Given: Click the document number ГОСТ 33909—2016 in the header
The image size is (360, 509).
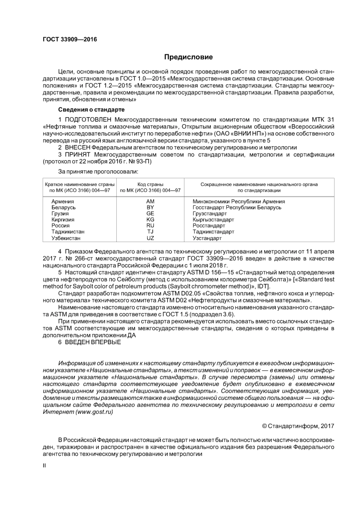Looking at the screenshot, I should pos(70,39).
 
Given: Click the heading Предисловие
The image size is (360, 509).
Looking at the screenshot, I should pos(188,57).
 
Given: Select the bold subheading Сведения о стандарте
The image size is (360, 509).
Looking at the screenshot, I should pos(91,109).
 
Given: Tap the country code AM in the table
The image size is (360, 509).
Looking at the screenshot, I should pos(150,201).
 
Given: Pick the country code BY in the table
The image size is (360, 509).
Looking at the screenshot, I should pos(150,208).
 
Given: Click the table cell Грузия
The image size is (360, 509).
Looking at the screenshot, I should pos(60,214).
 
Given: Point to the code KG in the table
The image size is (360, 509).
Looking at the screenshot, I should pos(150,220).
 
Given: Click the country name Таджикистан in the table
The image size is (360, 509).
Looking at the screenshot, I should pos(68,232).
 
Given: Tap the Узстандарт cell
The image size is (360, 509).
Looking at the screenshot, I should pos(207,238).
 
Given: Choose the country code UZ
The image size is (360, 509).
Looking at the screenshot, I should pos(150,238).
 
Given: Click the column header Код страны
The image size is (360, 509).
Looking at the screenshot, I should pos(150,184).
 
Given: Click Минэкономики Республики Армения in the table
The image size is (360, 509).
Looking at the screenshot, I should pos(239,201).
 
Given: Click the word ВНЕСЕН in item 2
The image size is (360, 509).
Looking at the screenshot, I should pos(77,147).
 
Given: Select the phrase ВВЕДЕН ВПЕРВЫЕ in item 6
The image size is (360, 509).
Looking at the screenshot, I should pos(93,342).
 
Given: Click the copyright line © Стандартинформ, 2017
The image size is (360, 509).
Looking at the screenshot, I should pos(298,426).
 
